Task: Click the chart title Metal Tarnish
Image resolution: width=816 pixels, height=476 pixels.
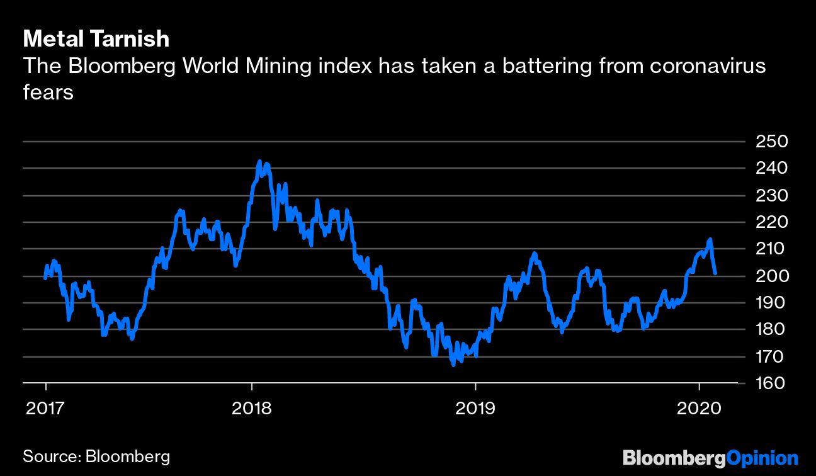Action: [96, 39]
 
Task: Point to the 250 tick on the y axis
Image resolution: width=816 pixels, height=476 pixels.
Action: [771, 141]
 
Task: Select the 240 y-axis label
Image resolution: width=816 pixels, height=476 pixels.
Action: [771, 168]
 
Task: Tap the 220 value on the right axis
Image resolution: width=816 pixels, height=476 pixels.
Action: [771, 222]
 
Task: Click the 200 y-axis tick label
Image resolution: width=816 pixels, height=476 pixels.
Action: [771, 276]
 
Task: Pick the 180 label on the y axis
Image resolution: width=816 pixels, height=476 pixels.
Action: [771, 329]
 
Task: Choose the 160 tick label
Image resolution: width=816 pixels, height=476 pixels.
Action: [771, 383]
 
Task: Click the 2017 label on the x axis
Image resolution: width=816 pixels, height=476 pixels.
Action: [45, 409]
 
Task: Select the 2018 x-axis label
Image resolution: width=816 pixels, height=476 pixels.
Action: [252, 409]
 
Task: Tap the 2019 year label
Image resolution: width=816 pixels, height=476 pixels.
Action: [475, 409]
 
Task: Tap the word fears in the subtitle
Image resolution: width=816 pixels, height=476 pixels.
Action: [48, 93]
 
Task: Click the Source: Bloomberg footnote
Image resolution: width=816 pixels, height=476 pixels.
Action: [96, 456]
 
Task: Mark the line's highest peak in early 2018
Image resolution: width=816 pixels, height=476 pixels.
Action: [259, 162]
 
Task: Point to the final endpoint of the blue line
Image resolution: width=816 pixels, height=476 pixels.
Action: [715, 273]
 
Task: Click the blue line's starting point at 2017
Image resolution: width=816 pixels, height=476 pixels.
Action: [45, 277]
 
